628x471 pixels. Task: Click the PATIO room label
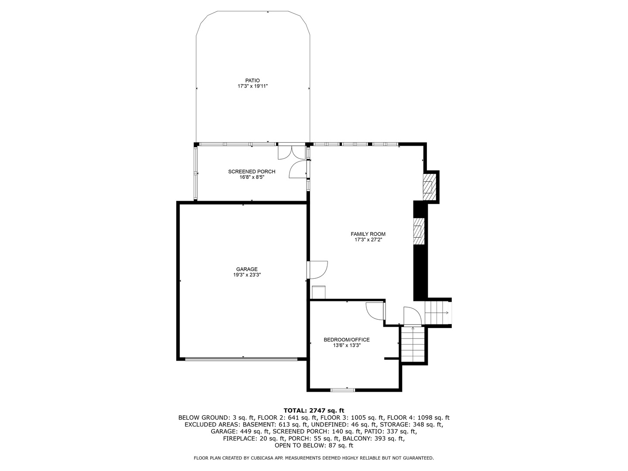pos(252,80)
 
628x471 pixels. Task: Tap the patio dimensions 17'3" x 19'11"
pos(252,86)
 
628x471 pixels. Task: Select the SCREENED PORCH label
pos(252,171)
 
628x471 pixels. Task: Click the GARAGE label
pos(247,269)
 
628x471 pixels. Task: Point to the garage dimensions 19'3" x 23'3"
pos(247,275)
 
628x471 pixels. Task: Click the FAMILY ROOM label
pos(368,234)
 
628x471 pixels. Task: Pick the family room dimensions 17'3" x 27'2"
pos(368,239)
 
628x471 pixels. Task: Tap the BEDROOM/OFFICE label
pos(346,340)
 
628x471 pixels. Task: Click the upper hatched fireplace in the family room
pos(429,186)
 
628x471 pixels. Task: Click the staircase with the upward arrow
pos(413,345)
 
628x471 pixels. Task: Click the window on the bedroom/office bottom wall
pos(343,389)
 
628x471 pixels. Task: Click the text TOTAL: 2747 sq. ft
pos(314,410)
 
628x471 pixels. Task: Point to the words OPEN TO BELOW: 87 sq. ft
pos(314,446)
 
